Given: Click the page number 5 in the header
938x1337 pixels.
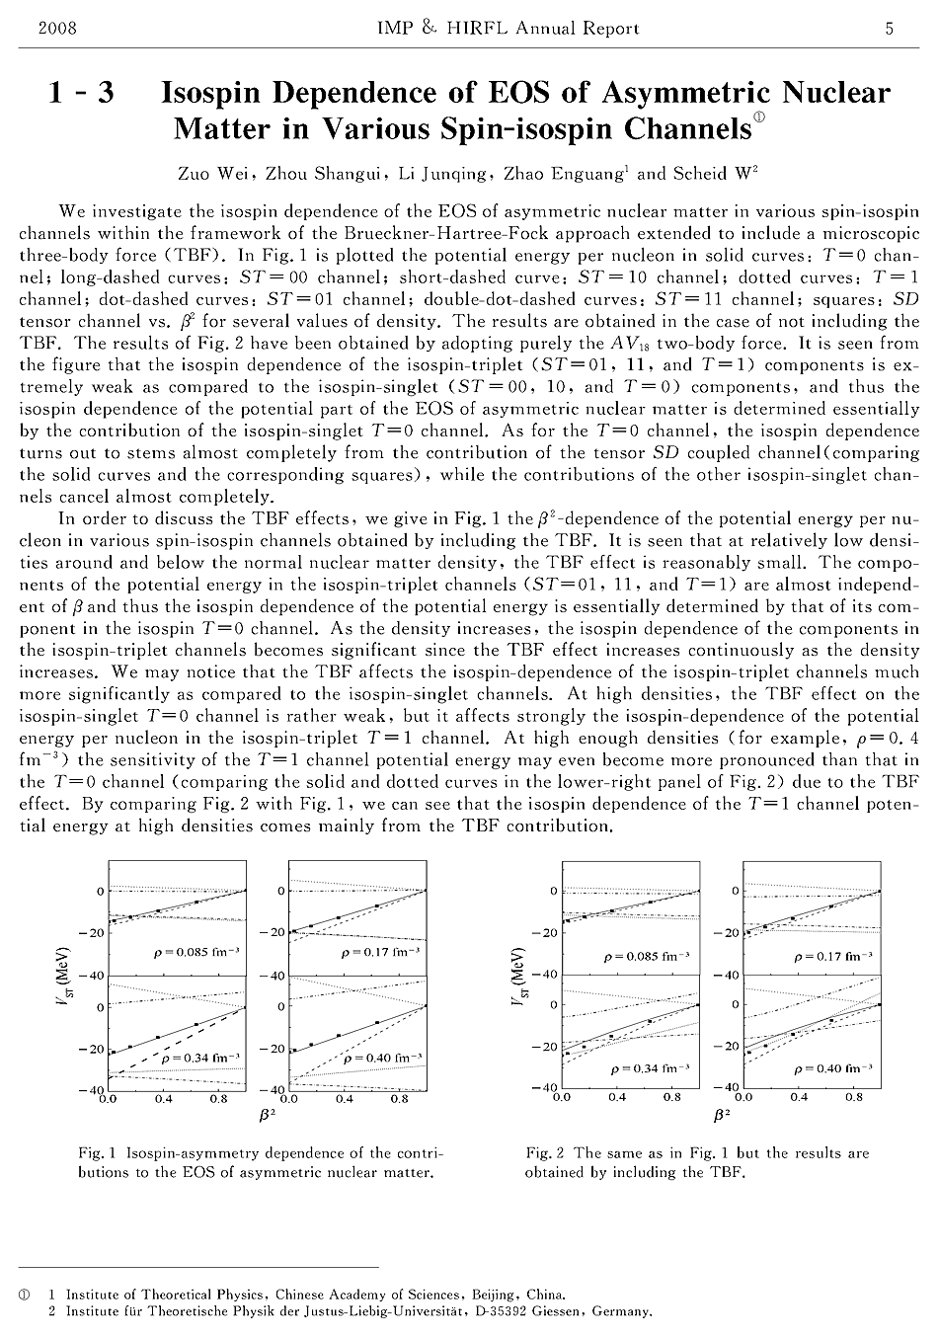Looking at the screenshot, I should coord(890,29).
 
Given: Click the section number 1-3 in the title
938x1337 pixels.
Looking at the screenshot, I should coord(81,94).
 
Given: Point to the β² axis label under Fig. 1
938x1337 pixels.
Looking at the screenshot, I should coord(268,1115).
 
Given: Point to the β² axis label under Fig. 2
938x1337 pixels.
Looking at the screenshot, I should coord(722,1115).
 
